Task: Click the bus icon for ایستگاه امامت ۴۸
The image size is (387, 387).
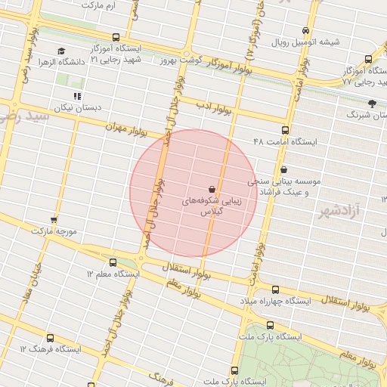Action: coord(285,130)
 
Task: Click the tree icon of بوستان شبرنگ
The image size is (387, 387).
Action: coord(371,104)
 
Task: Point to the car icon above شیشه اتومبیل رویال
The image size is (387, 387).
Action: coord(305,31)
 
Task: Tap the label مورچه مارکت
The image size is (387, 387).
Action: coord(54,231)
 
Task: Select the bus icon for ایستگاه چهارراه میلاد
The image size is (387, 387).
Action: coord(274,289)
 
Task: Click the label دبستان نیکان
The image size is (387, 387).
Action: coord(76,107)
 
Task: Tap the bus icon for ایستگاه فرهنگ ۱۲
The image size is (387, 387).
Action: coord(50,338)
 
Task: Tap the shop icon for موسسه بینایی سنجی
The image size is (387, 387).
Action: coord(283,170)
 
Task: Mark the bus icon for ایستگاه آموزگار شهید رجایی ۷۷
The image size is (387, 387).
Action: coord(368,58)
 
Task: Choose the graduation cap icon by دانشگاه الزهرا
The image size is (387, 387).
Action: coord(61,49)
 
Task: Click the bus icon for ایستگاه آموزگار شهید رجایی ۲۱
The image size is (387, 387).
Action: coord(116,37)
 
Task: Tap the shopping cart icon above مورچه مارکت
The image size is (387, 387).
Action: coord(54,220)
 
